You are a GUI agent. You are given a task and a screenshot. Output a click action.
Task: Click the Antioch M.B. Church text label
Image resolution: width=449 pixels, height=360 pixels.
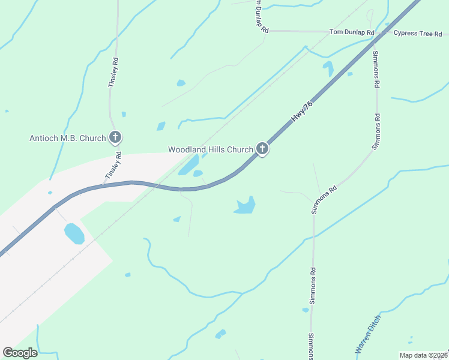point(68,138)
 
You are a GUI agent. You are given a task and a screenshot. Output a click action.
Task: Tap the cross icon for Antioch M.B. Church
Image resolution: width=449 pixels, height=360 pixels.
point(115,137)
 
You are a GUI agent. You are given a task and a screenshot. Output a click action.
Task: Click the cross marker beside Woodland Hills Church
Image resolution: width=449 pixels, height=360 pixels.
point(262,148)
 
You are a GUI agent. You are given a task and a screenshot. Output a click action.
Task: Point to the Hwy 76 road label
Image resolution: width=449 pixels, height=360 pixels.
point(302,112)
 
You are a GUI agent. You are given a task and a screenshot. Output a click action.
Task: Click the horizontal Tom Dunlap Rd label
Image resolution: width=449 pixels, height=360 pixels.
point(352,32)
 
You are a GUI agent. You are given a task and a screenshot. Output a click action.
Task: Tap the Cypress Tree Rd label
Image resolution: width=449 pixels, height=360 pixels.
point(418,33)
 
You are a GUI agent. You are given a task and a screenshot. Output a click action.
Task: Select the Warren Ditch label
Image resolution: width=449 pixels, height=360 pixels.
point(367,334)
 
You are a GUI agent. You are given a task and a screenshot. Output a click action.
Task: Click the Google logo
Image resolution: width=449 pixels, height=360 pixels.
point(20,353)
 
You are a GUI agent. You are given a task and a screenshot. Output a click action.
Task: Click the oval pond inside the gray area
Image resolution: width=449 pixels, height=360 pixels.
point(74,233)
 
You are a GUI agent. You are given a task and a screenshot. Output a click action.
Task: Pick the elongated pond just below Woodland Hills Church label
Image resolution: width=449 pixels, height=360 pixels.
point(188,164)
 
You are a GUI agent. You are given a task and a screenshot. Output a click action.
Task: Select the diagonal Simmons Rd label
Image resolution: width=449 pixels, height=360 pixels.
point(324,199)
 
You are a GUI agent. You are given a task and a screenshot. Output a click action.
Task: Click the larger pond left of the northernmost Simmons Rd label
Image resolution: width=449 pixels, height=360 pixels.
point(328,68)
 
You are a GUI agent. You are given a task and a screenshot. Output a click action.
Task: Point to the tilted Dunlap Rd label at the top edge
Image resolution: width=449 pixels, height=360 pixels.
point(260,16)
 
